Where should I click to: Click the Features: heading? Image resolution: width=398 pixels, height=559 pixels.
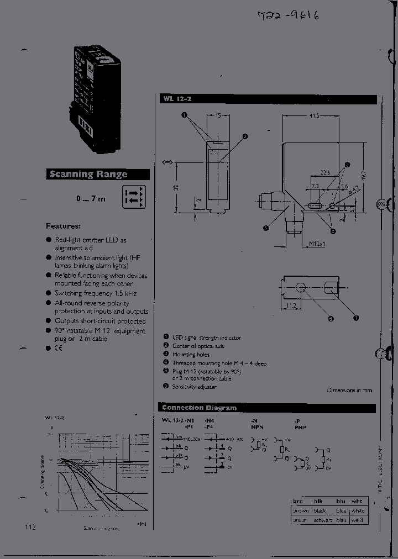pyautogui.click(x=63, y=226)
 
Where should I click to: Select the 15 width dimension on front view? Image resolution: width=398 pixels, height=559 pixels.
pyautogui.click(x=219, y=116)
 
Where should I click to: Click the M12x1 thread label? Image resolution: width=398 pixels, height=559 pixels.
pyautogui.click(x=317, y=244)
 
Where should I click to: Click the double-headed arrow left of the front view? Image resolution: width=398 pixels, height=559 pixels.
pyautogui.click(x=167, y=162)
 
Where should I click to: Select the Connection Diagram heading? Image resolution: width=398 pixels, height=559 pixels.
pyautogui.click(x=199, y=408)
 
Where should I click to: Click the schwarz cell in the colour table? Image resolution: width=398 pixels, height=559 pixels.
pyautogui.click(x=323, y=520)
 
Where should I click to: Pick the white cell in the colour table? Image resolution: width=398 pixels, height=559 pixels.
pyautogui.click(x=358, y=511)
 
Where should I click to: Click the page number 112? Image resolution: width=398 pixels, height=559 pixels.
pyautogui.click(x=30, y=527)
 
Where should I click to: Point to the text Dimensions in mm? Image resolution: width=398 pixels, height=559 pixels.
pyautogui.click(x=349, y=390)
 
